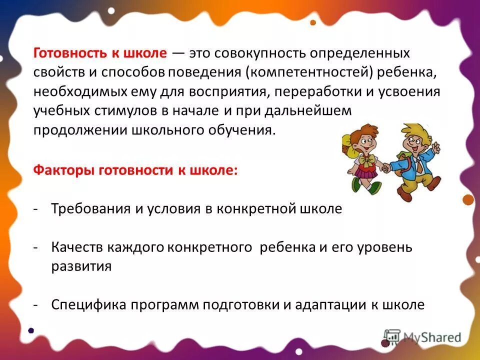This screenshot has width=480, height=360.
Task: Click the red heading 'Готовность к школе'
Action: (x=100, y=52)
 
